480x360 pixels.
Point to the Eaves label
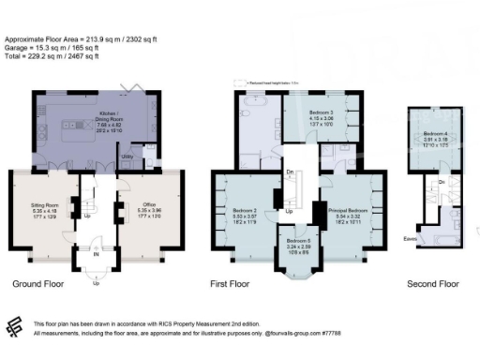tap(411, 239)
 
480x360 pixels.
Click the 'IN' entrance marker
tap(96, 253)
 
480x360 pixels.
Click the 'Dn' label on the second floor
tap(440, 181)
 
